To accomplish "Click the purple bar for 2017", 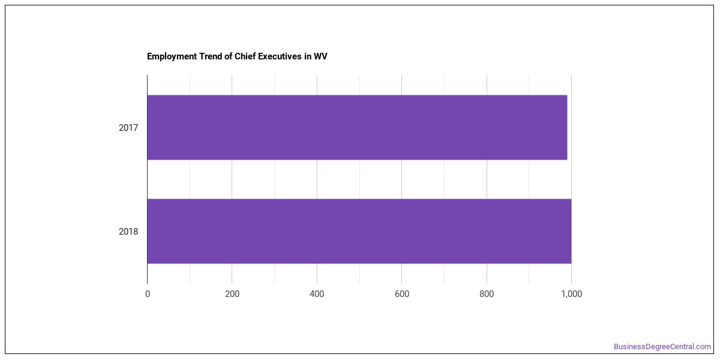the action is point(357,127).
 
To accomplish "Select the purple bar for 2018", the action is point(359,231).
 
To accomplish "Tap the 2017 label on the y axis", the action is point(128,128).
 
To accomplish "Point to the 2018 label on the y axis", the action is point(128,232).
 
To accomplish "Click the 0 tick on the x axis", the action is point(148,294).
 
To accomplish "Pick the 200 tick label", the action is point(232,294).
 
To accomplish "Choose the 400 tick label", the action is point(317,294).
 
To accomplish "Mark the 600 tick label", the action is point(402,294).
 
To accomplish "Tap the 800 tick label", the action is point(487,294).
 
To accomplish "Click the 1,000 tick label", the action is point(571,294).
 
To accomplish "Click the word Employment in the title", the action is point(172,56).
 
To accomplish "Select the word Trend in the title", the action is point(211,56).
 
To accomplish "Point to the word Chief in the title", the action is point(245,56).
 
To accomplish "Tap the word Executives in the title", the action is point(280,56).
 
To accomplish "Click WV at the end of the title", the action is point(320,56).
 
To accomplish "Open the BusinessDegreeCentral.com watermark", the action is point(662,347).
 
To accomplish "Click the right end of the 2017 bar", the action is point(567,127).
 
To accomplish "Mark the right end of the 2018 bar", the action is point(571,231).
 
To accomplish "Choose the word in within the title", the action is point(308,56).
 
